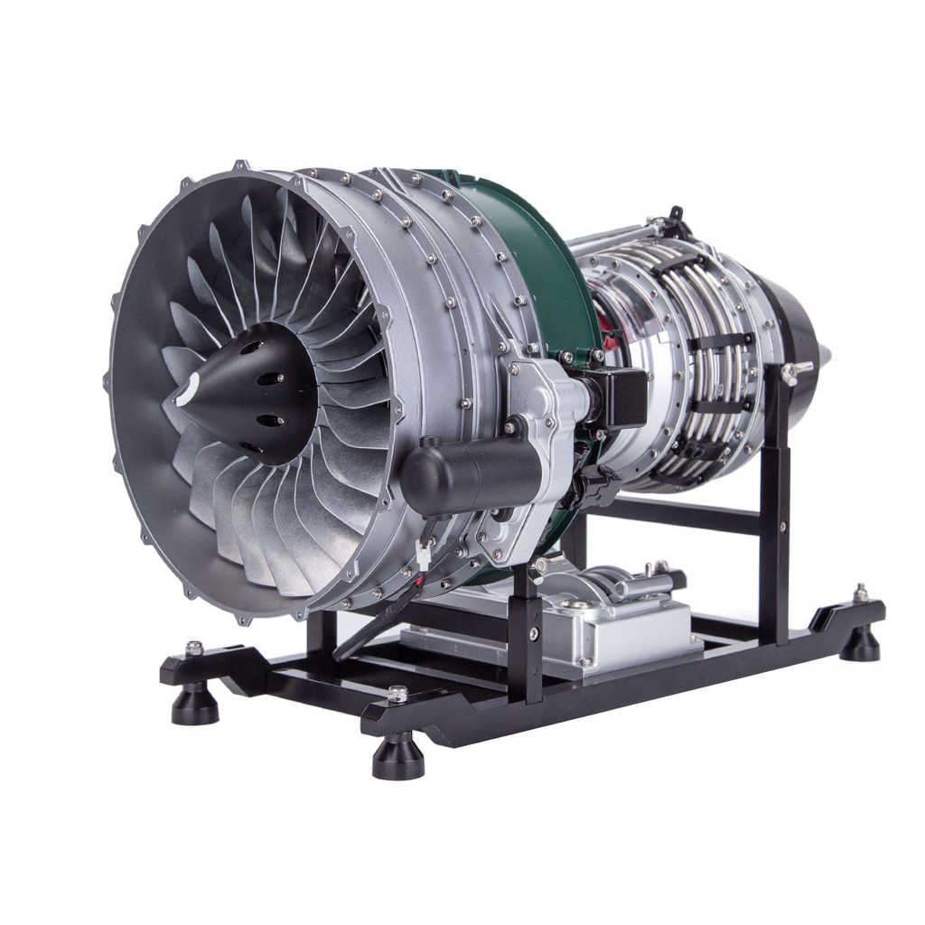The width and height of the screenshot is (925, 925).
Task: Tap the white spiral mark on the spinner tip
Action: [187, 389]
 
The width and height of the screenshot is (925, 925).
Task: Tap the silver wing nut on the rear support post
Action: [795, 371]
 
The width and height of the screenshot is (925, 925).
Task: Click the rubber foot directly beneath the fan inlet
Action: [195, 705]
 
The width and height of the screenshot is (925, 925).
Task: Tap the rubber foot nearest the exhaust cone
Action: [859, 642]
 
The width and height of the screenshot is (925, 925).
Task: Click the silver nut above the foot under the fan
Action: [193, 648]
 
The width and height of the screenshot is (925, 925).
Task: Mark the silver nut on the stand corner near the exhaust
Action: [861, 593]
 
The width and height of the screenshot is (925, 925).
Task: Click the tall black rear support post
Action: [775, 506]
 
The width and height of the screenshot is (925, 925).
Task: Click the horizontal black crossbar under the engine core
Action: [677, 516]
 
